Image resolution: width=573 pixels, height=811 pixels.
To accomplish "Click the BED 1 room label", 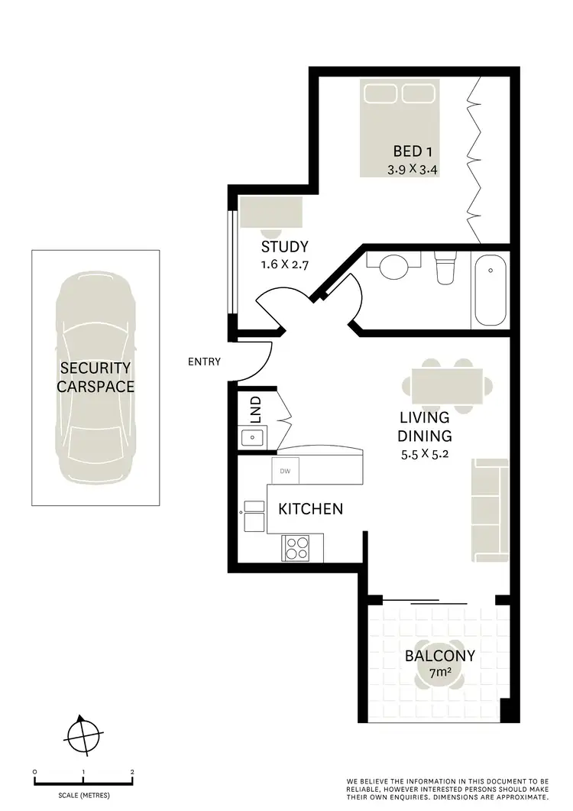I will [x=418, y=151].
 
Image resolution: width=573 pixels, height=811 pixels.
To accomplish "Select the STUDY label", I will [x=284, y=247].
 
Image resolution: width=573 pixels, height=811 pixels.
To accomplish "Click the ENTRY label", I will [x=204, y=362].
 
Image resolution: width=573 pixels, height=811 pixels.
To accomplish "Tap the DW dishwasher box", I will [x=286, y=471].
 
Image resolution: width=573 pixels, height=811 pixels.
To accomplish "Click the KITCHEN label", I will [x=309, y=508].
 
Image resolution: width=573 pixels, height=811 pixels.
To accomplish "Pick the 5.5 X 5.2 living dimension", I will [x=425, y=455].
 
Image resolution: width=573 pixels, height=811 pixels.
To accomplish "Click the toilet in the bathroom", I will [x=444, y=268].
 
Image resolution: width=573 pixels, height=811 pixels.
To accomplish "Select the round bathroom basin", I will [x=394, y=268].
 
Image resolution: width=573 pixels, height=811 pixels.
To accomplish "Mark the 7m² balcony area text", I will [x=440, y=673].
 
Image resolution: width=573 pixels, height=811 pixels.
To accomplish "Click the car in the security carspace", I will [x=95, y=377].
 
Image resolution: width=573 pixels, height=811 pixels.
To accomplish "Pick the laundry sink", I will [x=252, y=437].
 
